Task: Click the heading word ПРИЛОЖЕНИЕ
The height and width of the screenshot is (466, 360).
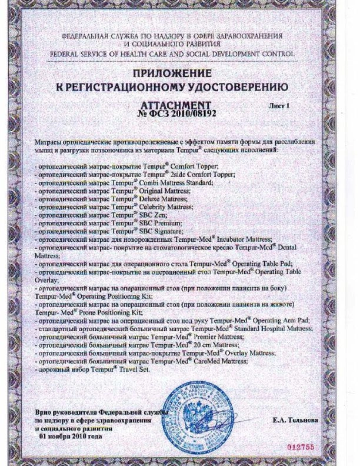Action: pyautogui.click(x=179, y=75)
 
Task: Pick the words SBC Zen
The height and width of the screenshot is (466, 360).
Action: pyautogui.click(x=141, y=217)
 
